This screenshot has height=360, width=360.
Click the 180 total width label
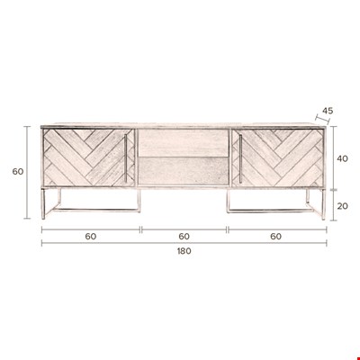tap(184, 251)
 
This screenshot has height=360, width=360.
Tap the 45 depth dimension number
tap(328, 111)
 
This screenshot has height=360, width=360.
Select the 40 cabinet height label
tap(342, 158)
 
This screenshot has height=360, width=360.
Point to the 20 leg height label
tap(342, 206)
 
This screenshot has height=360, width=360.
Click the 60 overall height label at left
tap(18, 172)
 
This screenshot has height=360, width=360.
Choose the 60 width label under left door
tap(91, 237)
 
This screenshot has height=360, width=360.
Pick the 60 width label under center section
tap(184, 237)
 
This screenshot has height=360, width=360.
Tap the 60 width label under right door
tap(276, 237)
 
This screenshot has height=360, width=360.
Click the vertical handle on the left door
tap(126, 157)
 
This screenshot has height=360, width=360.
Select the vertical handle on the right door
tap(240, 158)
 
